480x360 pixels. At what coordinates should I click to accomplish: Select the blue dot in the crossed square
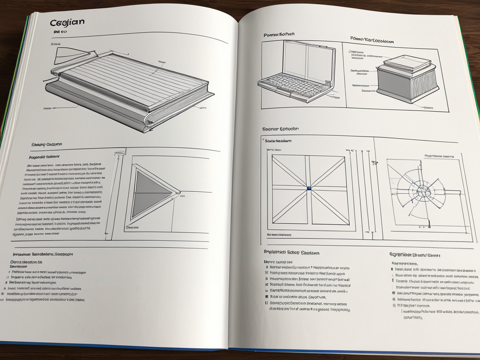point(309,188)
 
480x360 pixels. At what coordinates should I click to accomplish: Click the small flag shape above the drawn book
point(64,56)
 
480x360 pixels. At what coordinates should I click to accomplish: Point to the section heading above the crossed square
point(280,128)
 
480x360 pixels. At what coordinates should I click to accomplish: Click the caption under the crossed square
point(279,234)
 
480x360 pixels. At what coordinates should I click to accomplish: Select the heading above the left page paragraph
point(47,144)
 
